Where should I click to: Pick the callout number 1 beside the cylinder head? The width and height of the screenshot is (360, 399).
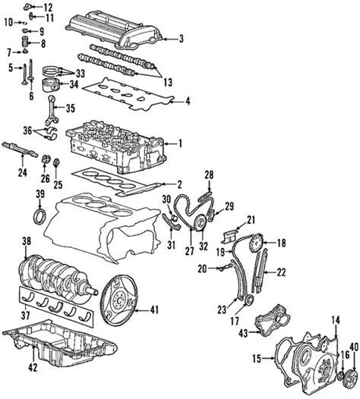180,143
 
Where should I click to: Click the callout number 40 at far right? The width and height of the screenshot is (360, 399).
352,348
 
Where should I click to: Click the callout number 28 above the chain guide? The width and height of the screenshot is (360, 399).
210,175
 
